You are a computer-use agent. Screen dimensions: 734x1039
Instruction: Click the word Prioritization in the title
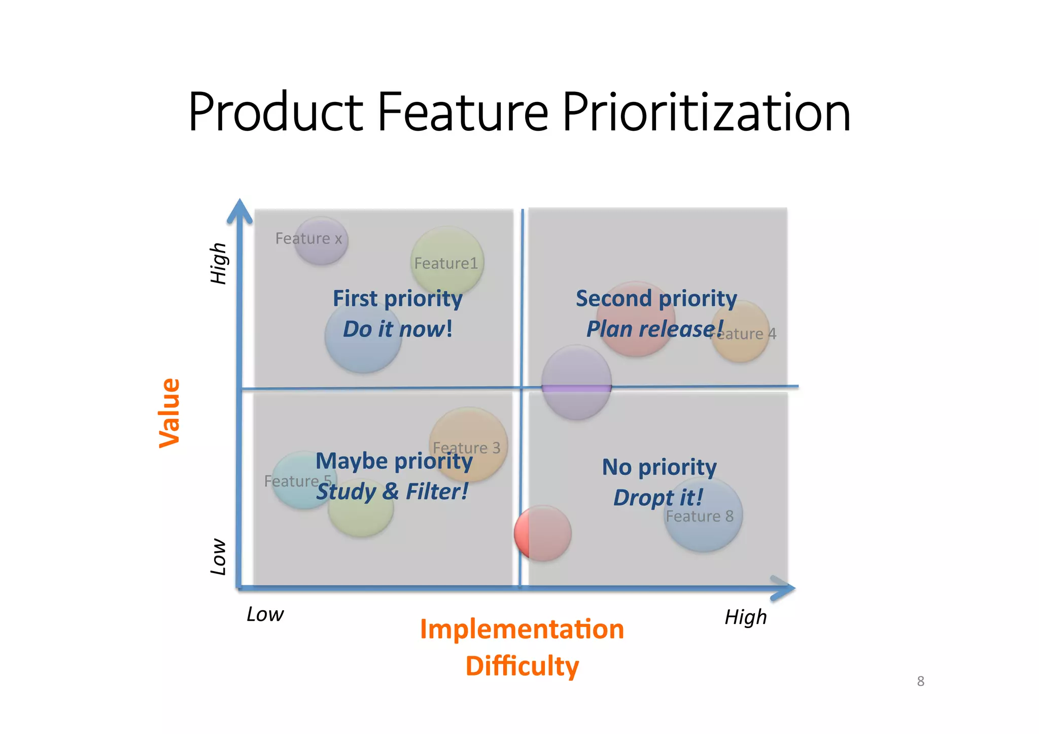click(x=706, y=113)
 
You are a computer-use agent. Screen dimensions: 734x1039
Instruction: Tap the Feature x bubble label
click(x=308, y=238)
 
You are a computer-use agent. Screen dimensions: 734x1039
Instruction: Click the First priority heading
click(x=397, y=298)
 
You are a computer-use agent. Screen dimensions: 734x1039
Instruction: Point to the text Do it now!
click(x=397, y=329)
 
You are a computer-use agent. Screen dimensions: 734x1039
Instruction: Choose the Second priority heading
click(x=656, y=298)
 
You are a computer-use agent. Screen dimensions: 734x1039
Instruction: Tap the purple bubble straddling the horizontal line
click(x=576, y=382)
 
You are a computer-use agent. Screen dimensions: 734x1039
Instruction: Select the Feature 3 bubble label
click(x=466, y=447)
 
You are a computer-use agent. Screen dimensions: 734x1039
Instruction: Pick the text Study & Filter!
click(x=392, y=492)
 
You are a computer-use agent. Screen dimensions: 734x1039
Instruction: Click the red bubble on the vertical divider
click(x=543, y=533)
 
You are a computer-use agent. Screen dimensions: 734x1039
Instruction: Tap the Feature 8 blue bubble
click(x=703, y=516)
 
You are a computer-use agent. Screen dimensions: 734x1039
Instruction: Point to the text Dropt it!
click(x=658, y=498)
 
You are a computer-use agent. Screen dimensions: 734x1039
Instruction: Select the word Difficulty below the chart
click(x=522, y=666)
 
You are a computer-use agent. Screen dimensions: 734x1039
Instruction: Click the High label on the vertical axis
click(x=219, y=263)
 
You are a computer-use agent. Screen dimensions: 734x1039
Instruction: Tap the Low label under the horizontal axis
click(x=265, y=614)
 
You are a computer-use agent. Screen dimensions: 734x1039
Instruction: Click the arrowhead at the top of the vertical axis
click(x=239, y=211)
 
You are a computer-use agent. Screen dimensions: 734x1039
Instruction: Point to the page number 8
click(x=920, y=681)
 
